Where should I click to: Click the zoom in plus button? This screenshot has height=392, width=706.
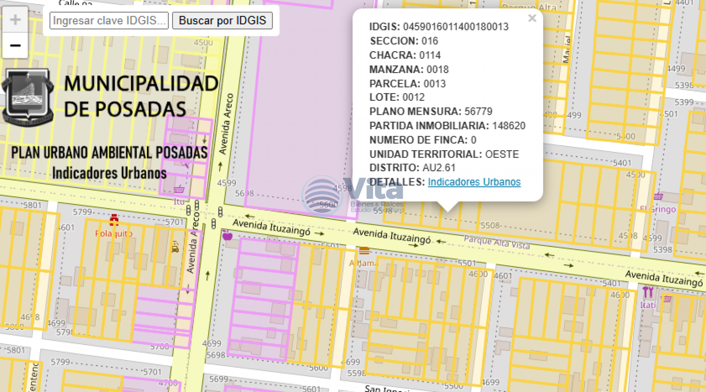15,19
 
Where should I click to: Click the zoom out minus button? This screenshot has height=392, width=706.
15,45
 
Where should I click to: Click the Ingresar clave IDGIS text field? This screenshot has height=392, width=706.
109,21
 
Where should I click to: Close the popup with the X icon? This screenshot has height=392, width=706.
532,18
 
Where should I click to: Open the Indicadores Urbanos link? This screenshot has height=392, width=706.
474,182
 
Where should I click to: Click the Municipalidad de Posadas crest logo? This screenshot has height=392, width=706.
28,97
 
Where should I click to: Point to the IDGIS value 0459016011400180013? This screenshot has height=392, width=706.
456,27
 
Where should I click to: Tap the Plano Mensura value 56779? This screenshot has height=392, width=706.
478,111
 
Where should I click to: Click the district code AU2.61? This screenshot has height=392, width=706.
439,168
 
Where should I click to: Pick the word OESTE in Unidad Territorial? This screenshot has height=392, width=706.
502,154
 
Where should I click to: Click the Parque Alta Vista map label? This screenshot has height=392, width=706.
496,242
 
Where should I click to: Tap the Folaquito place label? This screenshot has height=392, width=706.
113,234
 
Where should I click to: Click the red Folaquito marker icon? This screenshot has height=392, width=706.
114,220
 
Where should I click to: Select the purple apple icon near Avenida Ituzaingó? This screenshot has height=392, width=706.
227,236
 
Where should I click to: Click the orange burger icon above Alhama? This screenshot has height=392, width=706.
364,250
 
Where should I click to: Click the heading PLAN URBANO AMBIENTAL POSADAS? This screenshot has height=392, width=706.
109,153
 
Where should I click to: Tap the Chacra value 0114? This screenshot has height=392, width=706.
430,55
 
